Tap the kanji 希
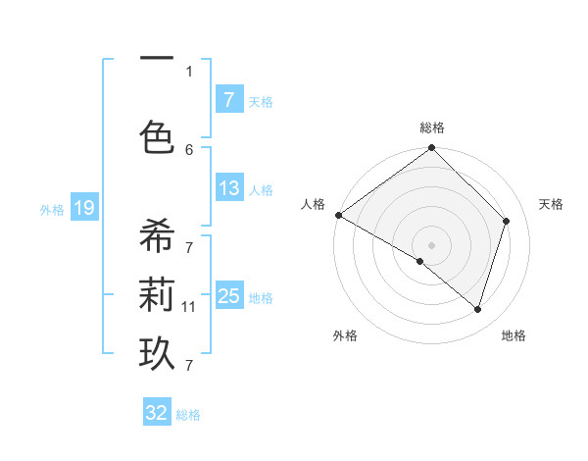click(x=157, y=238)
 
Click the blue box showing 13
click(x=228, y=189)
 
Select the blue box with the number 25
click(x=228, y=296)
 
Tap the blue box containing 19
click(x=83, y=208)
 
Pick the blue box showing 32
click(x=157, y=413)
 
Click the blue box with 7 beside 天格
click(x=228, y=99)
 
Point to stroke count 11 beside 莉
click(x=188, y=307)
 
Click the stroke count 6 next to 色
click(x=188, y=149)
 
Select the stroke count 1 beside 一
click(x=188, y=71)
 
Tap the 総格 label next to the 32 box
click(x=188, y=415)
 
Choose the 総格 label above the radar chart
click(x=432, y=128)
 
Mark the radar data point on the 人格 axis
click(x=339, y=215)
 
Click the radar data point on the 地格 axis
click(x=477, y=309)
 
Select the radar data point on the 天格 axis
click(x=507, y=221)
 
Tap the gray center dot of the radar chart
click(x=432, y=244)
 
